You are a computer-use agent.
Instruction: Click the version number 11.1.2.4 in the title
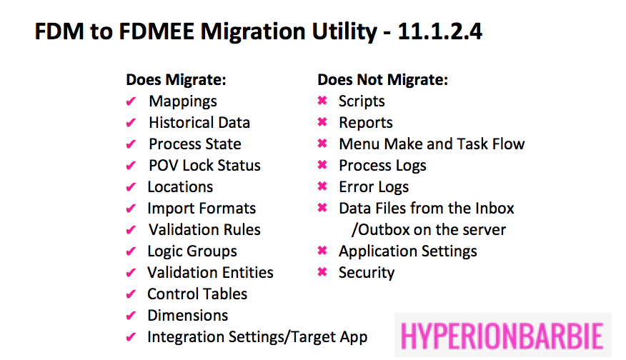click(x=439, y=31)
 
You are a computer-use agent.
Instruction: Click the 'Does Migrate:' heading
click(x=176, y=79)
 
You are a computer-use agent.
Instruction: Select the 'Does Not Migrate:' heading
click(x=382, y=79)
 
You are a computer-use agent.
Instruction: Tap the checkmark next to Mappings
click(x=131, y=101)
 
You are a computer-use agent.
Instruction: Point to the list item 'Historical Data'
click(x=199, y=122)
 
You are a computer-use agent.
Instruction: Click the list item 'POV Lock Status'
click(x=204, y=165)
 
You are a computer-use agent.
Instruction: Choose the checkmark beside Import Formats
click(x=131, y=209)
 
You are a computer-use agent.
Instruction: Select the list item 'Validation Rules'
click(x=204, y=229)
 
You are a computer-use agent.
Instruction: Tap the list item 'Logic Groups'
click(x=192, y=251)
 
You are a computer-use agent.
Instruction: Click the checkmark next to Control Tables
click(x=131, y=294)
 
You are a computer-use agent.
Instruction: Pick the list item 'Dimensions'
click(x=188, y=315)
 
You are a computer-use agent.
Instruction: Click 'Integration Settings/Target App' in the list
click(x=257, y=337)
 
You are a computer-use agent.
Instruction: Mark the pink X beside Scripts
click(x=322, y=101)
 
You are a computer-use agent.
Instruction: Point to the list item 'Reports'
click(x=366, y=123)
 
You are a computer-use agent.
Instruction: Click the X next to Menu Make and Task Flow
click(x=322, y=144)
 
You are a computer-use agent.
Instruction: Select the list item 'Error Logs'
click(x=374, y=187)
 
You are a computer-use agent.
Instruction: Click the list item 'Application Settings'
click(x=408, y=251)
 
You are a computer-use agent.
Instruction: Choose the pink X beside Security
click(x=322, y=272)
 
